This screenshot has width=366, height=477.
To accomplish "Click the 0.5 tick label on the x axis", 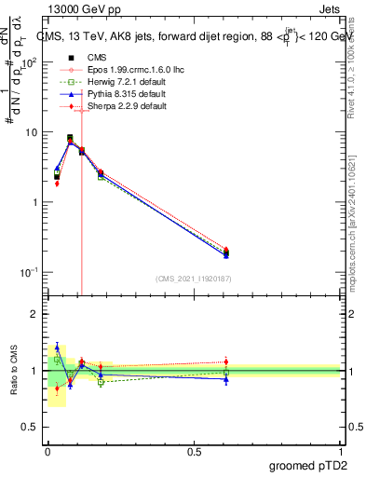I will tap(194, 450).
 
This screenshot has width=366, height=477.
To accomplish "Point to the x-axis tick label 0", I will tap(47, 450).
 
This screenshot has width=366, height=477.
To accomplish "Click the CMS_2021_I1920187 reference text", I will tap(194, 279).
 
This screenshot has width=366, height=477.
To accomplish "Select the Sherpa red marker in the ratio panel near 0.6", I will tap(226, 361).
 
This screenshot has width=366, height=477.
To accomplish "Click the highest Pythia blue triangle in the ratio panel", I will tap(57, 347).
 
